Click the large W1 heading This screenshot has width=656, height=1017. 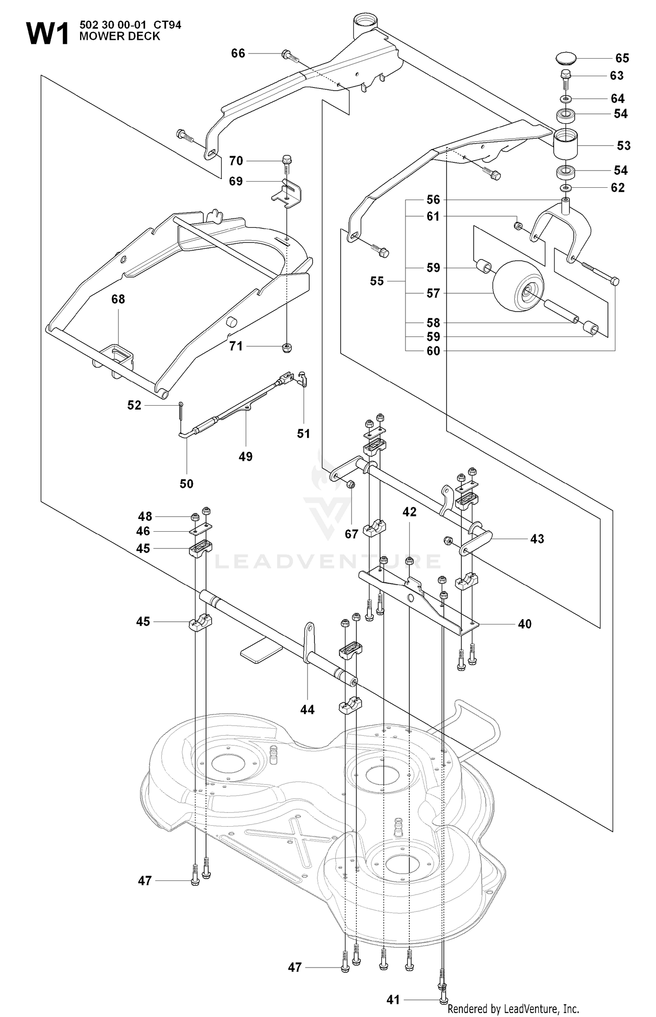coord(48,34)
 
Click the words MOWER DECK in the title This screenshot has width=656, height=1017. coord(119,36)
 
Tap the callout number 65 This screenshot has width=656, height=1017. coord(622,58)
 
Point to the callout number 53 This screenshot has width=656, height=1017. coord(624,146)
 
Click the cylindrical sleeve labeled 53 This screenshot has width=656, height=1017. coord(566,144)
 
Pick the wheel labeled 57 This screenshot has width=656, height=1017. coord(519,286)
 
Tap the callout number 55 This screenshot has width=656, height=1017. coord(377,281)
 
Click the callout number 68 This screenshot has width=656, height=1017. coord(118,299)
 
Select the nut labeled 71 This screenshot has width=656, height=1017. coord(287,347)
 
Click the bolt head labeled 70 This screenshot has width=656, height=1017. coord(287,159)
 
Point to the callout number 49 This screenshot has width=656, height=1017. coord(245,456)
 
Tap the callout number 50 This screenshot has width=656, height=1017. coord(186,484)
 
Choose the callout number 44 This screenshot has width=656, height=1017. coord(307,709)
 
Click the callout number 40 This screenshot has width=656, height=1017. coord(524,624)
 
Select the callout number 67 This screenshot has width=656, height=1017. coord(351,534)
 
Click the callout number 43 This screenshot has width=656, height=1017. coord(537,539)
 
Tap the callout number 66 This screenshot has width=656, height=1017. coord(238,53)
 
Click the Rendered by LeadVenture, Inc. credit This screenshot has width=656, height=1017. coord(513,1009)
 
